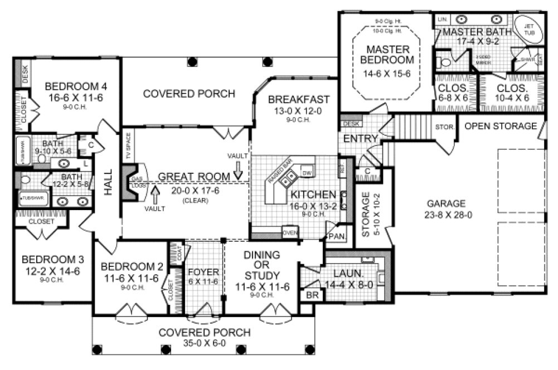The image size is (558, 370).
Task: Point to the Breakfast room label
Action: point(299,100)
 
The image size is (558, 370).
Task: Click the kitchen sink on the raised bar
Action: point(289,179)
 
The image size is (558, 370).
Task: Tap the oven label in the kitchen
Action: point(290,232)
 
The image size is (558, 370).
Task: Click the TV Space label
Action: point(128,143)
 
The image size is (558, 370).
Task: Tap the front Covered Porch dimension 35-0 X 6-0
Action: point(204,344)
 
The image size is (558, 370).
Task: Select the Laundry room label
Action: point(349,274)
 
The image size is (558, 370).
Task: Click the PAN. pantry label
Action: point(336,236)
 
